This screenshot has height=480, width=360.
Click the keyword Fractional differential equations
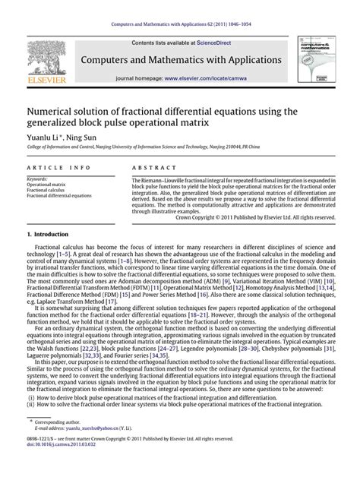click(x=58, y=195)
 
